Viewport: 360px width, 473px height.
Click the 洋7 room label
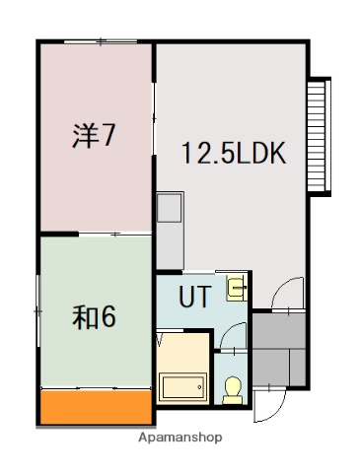[x=95, y=135]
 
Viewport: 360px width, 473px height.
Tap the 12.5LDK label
[x=233, y=153]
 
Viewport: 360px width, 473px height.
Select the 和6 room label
[x=96, y=317]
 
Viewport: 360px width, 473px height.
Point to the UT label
[x=193, y=295]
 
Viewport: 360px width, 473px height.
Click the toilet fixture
[x=234, y=389]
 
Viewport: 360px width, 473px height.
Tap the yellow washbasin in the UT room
[x=237, y=288]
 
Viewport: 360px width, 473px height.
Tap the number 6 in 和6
[x=109, y=317]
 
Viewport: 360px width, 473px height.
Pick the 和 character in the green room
[x=85, y=317]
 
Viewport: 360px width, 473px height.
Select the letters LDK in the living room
[x=259, y=153]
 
